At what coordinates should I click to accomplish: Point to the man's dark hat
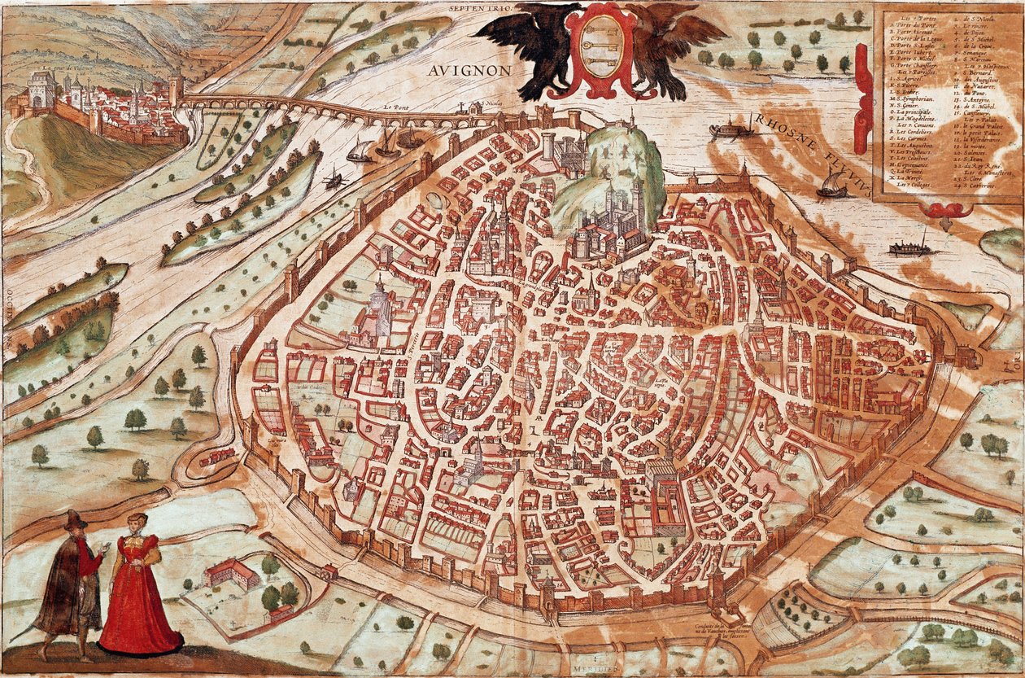(76, 519)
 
